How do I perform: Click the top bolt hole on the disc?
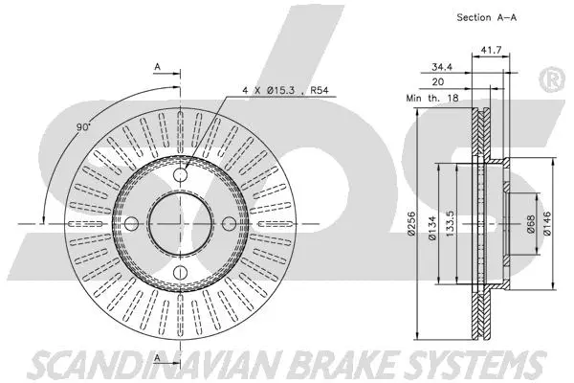tap(183, 174)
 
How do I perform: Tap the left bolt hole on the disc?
tap(135, 223)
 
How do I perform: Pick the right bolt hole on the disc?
tap(230, 223)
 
